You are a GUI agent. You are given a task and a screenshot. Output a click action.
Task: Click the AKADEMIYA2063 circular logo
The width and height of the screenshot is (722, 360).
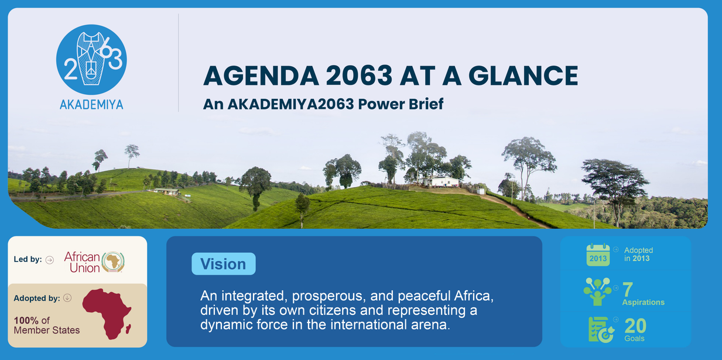91,60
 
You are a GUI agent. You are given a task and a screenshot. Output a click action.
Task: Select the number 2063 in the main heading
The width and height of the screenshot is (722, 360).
359,76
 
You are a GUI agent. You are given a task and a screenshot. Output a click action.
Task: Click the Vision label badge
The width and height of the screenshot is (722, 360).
223,264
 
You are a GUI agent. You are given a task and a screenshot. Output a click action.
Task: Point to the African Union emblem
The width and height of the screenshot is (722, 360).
113,262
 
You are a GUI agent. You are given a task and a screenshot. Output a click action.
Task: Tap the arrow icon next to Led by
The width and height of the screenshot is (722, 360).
50,260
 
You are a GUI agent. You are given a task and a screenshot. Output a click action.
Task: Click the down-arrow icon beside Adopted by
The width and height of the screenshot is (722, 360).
67,298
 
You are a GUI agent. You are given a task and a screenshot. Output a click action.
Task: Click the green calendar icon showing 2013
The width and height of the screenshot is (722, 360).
598,255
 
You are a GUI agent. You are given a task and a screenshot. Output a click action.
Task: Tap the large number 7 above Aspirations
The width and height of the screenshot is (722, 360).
628,289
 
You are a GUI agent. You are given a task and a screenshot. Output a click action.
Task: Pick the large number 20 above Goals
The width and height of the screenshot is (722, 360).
635,326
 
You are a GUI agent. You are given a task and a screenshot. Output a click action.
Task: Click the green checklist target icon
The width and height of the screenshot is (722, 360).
601,330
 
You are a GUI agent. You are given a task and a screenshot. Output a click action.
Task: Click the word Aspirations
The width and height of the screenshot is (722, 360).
644,302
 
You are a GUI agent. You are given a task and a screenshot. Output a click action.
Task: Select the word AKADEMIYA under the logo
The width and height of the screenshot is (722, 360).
91,105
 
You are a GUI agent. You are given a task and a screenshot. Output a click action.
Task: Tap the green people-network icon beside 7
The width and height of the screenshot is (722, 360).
598,292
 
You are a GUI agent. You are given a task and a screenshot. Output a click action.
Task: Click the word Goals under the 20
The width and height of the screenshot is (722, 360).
634,338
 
